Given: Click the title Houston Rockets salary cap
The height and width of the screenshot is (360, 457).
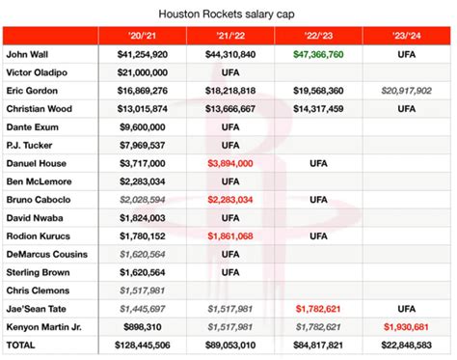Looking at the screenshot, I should (x=228, y=12).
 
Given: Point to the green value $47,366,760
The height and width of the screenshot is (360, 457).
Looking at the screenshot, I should (x=318, y=55).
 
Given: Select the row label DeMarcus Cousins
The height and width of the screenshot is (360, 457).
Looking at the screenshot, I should (x=46, y=255).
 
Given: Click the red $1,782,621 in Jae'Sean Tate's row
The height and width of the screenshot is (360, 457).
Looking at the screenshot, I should (x=318, y=309).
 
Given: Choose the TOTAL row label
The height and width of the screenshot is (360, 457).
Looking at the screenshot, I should (x=23, y=346).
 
